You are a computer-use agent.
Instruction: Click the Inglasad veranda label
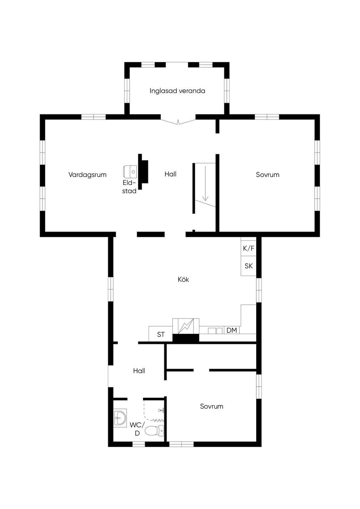(177, 91)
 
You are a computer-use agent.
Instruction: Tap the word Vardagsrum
(88, 175)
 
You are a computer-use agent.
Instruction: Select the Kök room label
(184, 279)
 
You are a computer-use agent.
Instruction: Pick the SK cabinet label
(249, 266)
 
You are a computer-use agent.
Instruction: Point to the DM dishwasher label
(232, 330)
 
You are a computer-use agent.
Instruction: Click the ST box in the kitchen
(161, 334)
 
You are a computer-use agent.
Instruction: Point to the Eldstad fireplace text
(129, 187)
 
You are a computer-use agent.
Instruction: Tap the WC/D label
(137, 429)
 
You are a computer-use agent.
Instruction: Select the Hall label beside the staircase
(171, 174)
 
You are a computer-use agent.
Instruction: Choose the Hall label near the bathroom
(139, 371)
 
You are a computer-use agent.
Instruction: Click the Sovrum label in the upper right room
(268, 175)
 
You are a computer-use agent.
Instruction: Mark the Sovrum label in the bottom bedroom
(212, 406)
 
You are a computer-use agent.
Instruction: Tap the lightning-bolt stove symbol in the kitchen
(186, 326)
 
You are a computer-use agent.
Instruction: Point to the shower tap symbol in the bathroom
(162, 410)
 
